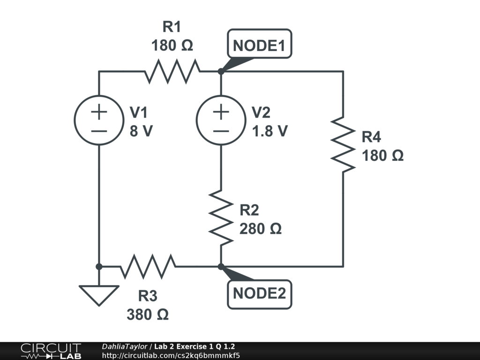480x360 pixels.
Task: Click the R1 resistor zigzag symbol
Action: coord(172,71)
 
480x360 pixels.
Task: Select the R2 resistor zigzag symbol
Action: coord(221,217)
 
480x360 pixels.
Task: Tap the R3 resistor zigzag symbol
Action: coord(148,266)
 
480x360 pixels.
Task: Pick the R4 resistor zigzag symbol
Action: coord(343,144)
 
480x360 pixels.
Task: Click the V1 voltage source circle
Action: coord(99,120)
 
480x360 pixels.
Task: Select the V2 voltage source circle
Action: coord(221,120)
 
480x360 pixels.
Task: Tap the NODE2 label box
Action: coord(259,294)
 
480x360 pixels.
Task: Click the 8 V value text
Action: coord(141,131)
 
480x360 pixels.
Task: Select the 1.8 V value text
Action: coord(270,131)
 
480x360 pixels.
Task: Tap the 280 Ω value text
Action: coord(260,229)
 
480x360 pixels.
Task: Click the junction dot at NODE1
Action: coord(221,71)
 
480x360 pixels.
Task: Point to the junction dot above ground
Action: coord(99,266)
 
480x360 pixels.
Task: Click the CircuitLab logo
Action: coord(51,351)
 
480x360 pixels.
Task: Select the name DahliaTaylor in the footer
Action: coord(125,346)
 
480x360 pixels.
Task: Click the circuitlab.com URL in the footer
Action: coord(171,355)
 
